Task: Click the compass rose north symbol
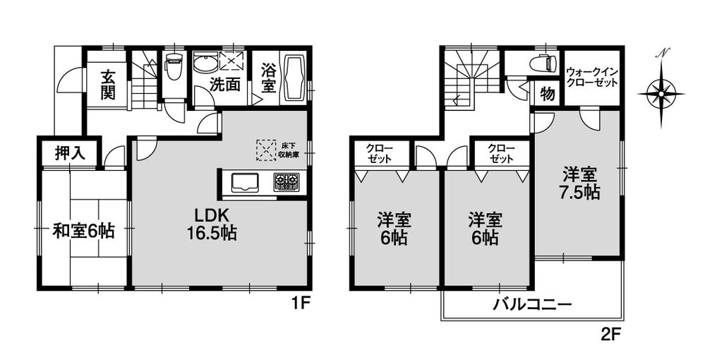tap(661, 91)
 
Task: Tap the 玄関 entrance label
tap(107, 85)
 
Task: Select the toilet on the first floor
tap(173, 68)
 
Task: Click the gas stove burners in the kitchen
tap(286, 183)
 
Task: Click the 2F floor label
tap(611, 334)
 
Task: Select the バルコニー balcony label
tap(531, 306)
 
